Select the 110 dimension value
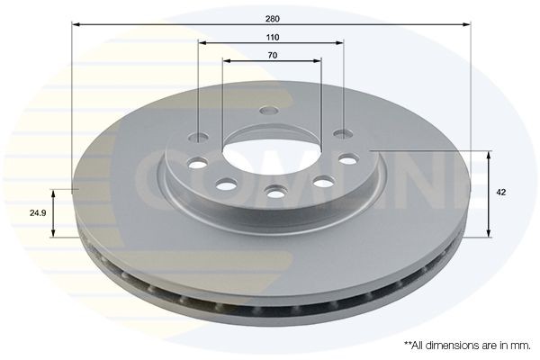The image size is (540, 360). (272, 37)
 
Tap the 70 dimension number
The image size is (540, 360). (272, 55)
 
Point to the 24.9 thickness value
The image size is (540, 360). (36, 213)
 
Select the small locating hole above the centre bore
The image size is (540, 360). (266, 111)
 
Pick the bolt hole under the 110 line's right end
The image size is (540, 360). (342, 134)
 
